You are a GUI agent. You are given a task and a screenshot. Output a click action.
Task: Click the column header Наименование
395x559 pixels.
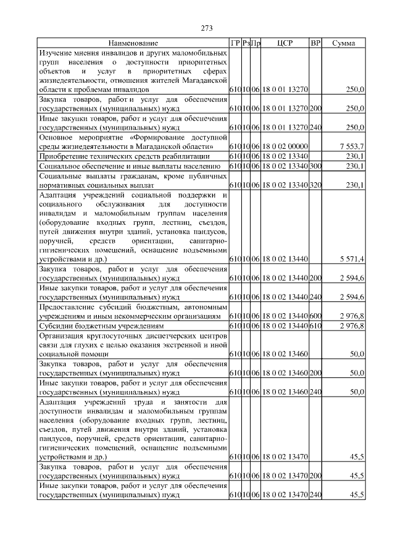(x=133, y=44)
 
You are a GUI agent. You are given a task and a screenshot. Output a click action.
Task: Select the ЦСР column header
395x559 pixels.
(x=285, y=44)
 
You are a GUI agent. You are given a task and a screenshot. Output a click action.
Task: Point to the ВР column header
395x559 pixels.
(x=315, y=44)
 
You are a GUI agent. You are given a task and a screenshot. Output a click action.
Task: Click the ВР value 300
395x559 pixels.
(x=315, y=166)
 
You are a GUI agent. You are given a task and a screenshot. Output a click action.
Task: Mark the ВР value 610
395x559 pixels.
(x=315, y=326)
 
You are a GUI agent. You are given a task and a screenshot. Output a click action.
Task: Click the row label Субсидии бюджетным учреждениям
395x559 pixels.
(x=101, y=326)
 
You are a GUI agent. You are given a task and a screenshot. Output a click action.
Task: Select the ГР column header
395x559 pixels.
(x=235, y=44)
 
